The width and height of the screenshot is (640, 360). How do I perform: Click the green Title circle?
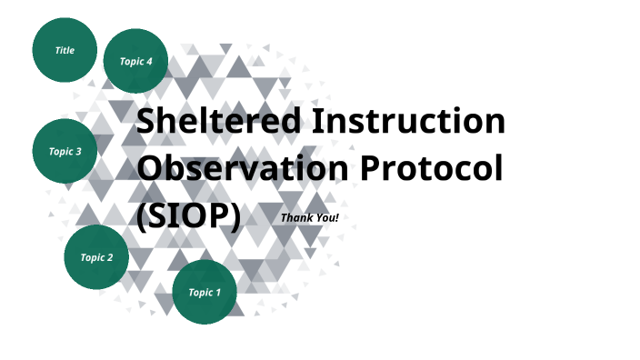click(x=65, y=50)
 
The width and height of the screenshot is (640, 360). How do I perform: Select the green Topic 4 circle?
click(x=135, y=61)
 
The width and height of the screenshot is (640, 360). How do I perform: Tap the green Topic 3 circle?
click(x=65, y=151)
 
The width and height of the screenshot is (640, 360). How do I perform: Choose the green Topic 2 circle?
click(x=96, y=257)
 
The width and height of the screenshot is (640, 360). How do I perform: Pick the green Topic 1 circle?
click(x=204, y=292)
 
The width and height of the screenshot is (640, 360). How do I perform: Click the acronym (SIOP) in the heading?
click(x=188, y=216)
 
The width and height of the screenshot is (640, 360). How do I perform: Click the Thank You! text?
click(x=309, y=217)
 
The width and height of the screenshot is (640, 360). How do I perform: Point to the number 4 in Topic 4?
click(x=149, y=61)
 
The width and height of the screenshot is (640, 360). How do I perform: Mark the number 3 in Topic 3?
click(x=79, y=151)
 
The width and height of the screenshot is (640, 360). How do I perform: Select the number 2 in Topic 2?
click(x=110, y=257)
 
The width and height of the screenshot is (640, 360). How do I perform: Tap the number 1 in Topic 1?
click(x=217, y=292)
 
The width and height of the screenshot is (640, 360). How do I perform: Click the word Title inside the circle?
click(x=65, y=50)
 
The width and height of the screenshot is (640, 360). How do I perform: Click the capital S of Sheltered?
click(x=145, y=121)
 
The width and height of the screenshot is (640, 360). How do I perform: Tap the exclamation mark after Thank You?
click(x=336, y=217)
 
